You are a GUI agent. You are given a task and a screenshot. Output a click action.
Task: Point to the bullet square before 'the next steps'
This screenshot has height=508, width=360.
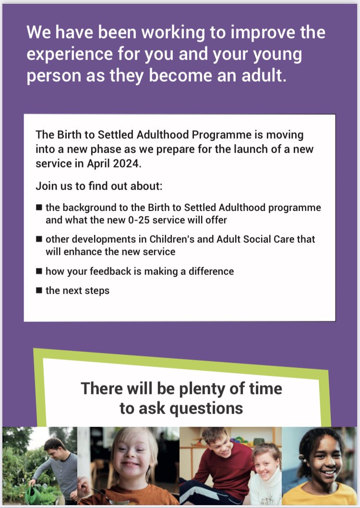pos(39,290)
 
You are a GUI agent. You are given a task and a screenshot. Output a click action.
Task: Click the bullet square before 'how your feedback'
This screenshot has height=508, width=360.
pos(39,271)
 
